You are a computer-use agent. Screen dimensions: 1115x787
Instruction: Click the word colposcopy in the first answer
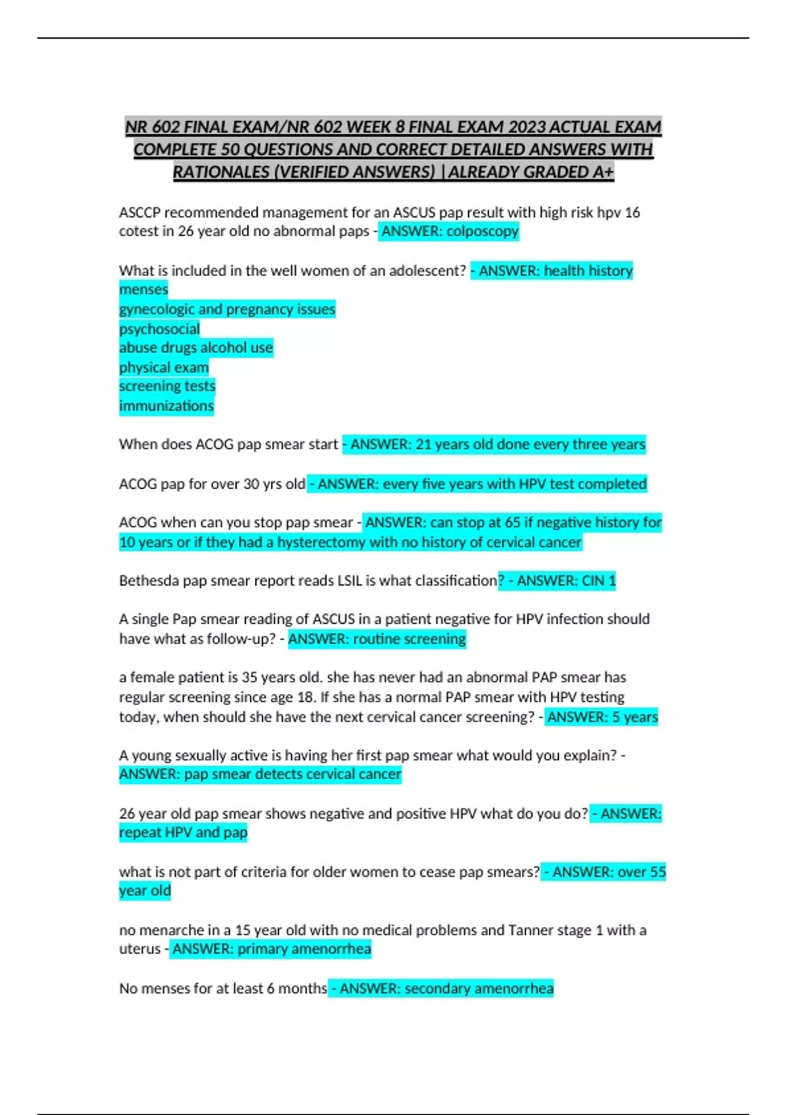tap(482, 232)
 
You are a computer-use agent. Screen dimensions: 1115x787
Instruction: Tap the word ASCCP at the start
tap(140, 213)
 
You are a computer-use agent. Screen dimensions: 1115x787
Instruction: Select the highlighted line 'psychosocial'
tap(159, 329)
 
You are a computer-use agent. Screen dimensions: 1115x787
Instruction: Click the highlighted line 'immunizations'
tap(167, 406)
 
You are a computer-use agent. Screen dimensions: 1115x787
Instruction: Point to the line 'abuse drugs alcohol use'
tap(196, 348)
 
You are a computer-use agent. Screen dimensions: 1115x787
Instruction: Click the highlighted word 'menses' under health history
tap(144, 289)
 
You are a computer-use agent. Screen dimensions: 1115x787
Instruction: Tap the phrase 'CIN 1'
tap(599, 580)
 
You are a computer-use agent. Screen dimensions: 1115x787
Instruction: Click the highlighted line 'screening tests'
tap(167, 386)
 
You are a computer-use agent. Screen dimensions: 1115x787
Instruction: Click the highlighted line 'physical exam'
tap(164, 367)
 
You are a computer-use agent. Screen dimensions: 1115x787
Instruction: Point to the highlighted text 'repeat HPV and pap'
tap(183, 832)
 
